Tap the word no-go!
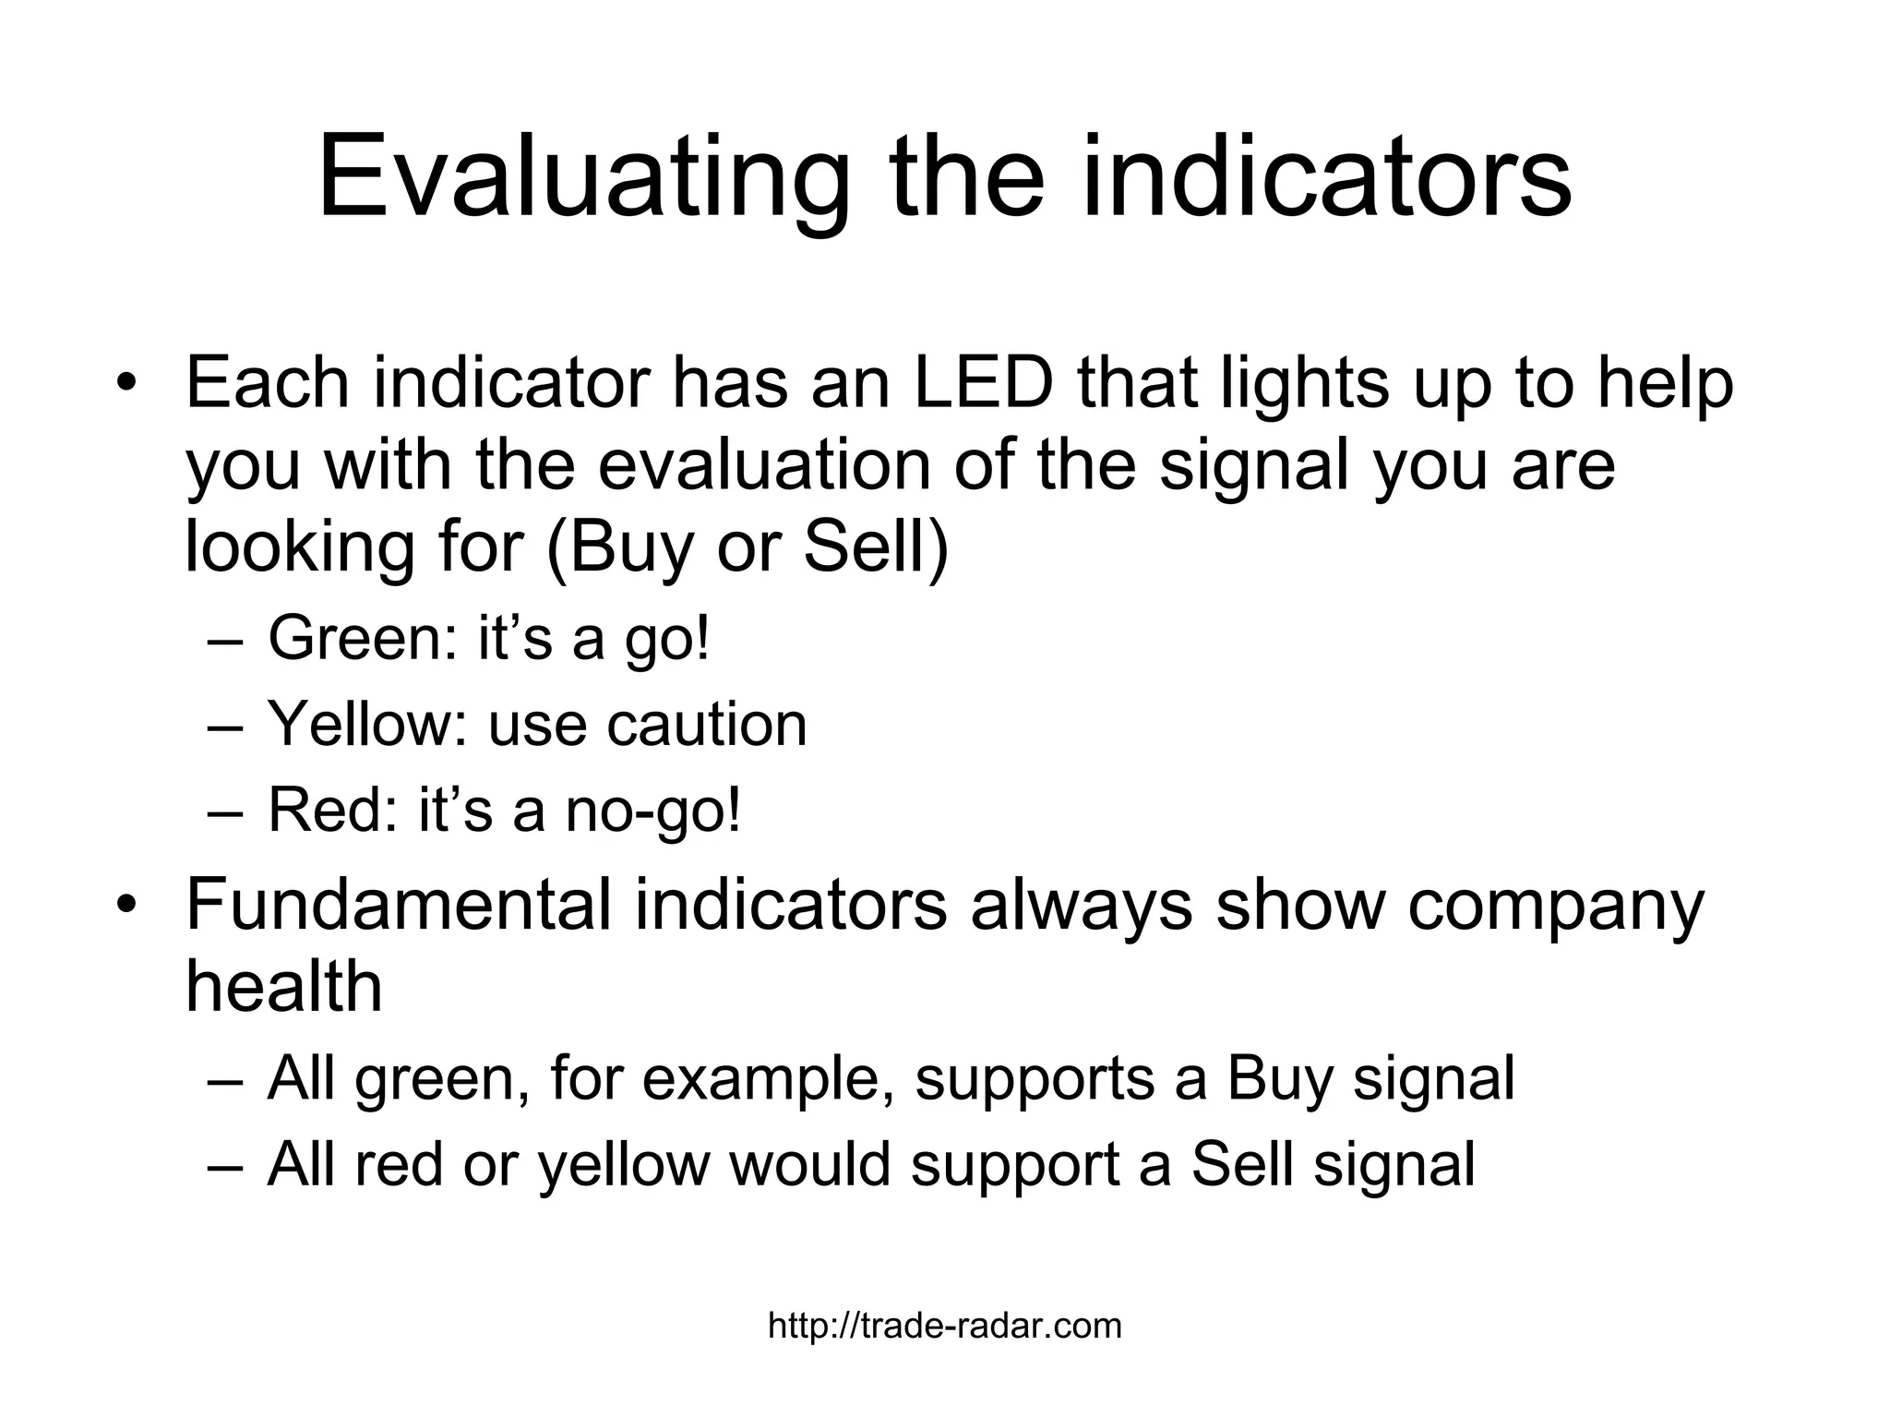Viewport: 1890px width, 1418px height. pyautogui.click(x=652, y=811)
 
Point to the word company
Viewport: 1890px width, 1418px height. pyautogui.click(x=1555, y=906)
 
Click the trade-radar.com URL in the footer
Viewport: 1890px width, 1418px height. pyautogui.click(x=945, y=1327)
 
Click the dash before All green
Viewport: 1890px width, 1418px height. pyautogui.click(x=225, y=1078)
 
